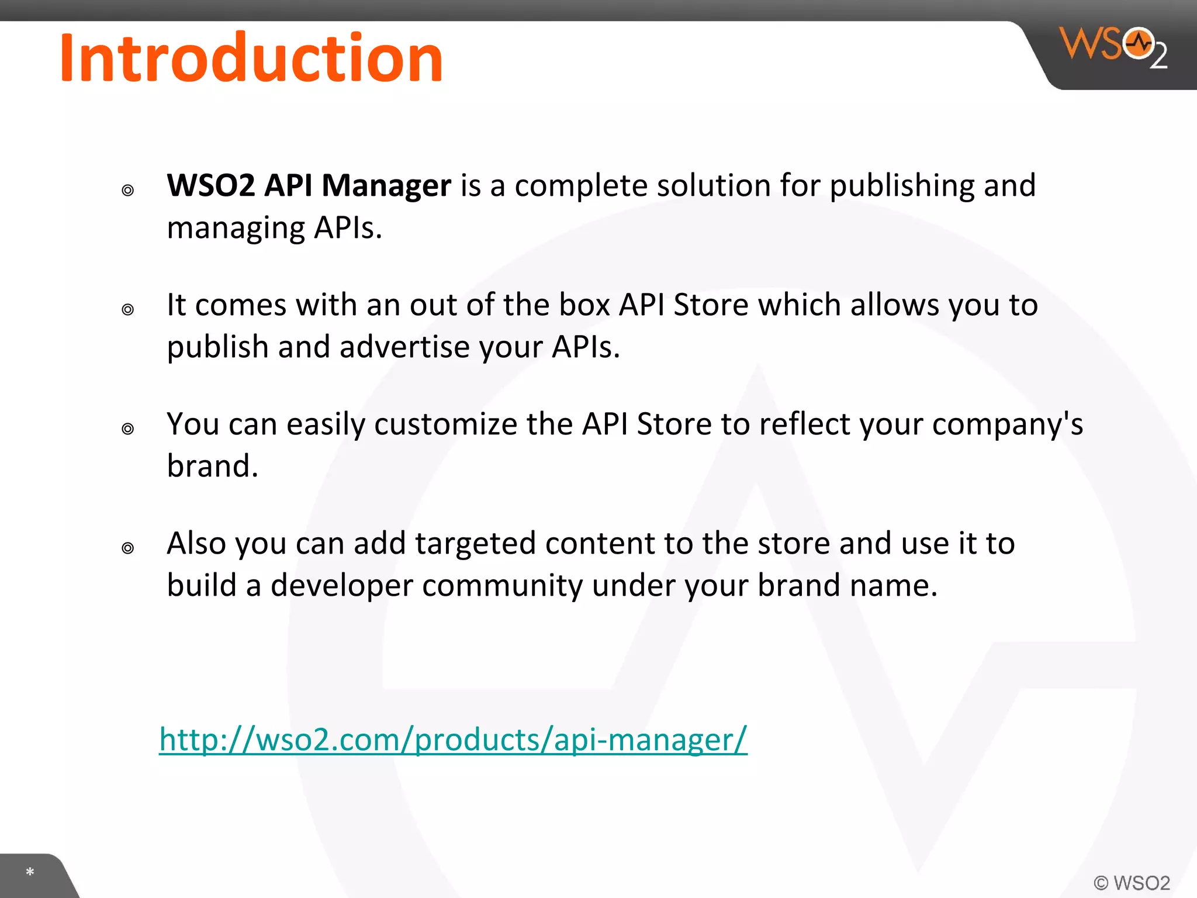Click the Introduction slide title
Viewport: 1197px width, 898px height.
(x=251, y=58)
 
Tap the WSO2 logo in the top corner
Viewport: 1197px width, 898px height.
(x=1113, y=47)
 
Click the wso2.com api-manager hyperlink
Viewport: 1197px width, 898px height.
(x=453, y=740)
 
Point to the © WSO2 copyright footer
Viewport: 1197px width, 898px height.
(x=1132, y=883)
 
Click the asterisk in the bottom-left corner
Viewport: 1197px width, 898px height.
(x=30, y=872)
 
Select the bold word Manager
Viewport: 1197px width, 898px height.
(x=386, y=186)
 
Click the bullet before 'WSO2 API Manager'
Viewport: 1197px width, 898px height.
(x=128, y=190)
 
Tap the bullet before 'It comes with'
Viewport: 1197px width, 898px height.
(x=128, y=309)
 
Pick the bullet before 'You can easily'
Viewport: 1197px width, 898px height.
(x=128, y=429)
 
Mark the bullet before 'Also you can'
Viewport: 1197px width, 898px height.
(x=128, y=548)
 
